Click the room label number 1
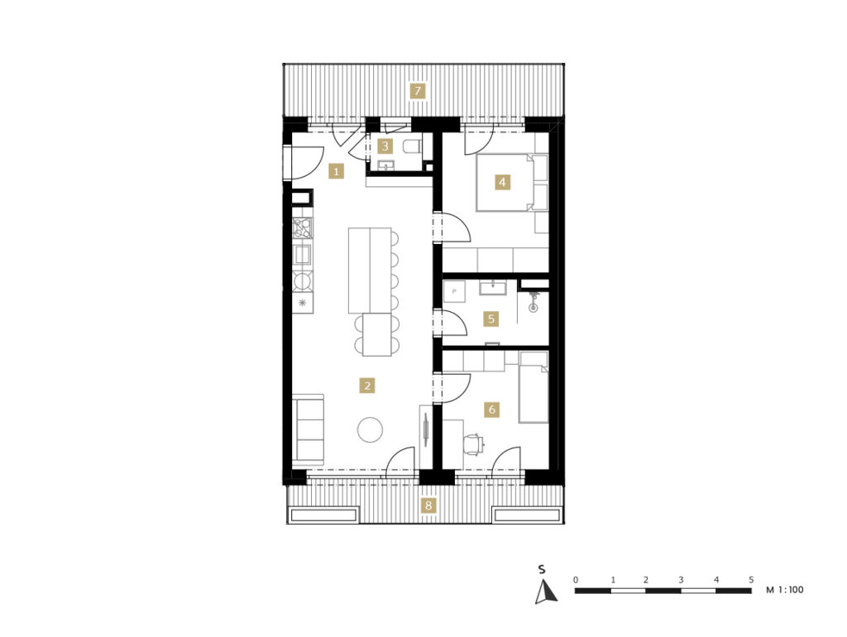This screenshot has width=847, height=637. pyautogui.click(x=336, y=172)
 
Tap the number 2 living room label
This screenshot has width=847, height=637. pyautogui.click(x=367, y=386)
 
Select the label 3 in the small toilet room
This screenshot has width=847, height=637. pyautogui.click(x=385, y=146)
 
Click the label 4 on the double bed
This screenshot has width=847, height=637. pyautogui.click(x=502, y=182)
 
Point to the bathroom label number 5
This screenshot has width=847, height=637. pyautogui.click(x=491, y=318)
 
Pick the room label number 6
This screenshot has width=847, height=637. pyautogui.click(x=491, y=409)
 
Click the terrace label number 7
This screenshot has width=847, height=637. pyautogui.click(x=417, y=91)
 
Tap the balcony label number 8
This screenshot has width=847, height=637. pyautogui.click(x=428, y=505)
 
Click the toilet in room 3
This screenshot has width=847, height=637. pyautogui.click(x=414, y=146)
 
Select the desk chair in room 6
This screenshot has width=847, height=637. pyautogui.click(x=474, y=444)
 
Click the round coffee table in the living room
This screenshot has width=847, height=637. pyautogui.click(x=370, y=430)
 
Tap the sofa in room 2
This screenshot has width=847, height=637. pyautogui.click(x=308, y=430)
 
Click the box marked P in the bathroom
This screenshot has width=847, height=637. pyautogui.click(x=454, y=291)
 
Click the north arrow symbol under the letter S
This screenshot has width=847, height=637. pyautogui.click(x=546, y=591)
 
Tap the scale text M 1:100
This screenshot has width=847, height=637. pyautogui.click(x=785, y=590)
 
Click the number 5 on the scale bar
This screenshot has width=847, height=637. pyautogui.click(x=751, y=580)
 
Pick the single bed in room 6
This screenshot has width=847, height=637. pyautogui.click(x=534, y=387)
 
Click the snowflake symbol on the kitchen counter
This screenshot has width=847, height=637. pyautogui.click(x=303, y=303)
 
